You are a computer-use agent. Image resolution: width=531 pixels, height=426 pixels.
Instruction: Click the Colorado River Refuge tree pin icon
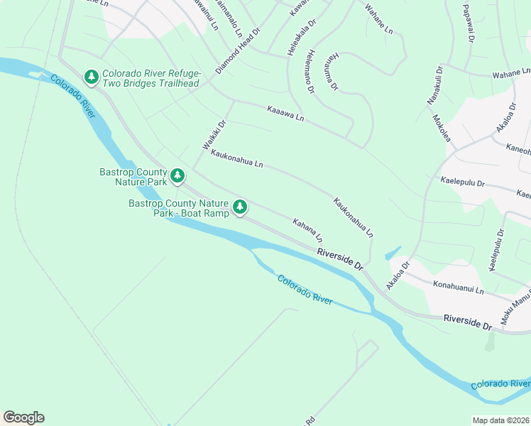click(91, 77)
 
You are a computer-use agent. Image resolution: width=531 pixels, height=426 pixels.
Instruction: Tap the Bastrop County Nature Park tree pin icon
click(177, 175)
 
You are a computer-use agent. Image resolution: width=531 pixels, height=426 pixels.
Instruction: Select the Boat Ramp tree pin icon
click(241, 207)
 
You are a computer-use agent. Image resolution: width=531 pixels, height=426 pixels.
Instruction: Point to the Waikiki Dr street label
click(214, 134)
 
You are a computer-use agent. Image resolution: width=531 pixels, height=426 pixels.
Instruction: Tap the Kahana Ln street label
click(307, 229)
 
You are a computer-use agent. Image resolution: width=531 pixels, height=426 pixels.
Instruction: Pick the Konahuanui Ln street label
click(458, 286)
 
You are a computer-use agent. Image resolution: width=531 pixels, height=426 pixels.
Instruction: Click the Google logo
click(23, 417)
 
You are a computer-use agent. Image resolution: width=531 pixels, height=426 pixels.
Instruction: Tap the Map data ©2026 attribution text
click(500, 420)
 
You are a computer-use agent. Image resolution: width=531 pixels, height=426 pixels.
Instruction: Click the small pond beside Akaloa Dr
click(392, 253)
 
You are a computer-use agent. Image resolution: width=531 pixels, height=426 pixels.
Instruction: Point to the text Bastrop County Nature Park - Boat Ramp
click(179, 208)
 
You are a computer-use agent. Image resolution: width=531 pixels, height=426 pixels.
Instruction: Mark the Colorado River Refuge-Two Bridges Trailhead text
click(150, 78)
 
